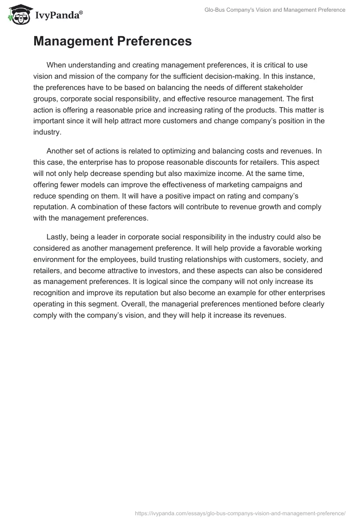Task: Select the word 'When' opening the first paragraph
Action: (56, 65)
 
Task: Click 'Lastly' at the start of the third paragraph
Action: (57, 237)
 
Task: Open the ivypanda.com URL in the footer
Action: (240, 513)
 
